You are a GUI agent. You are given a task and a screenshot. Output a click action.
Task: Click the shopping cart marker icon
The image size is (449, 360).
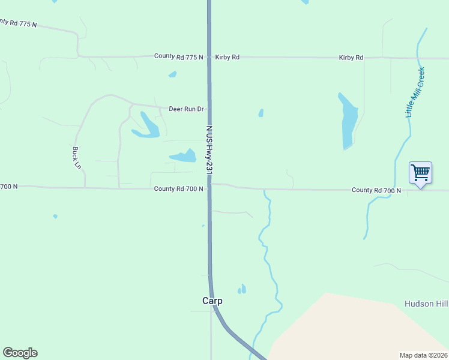(421, 173)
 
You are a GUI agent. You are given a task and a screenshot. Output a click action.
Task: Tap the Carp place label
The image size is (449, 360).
(212, 301)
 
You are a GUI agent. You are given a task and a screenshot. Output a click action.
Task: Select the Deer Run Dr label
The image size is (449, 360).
(186, 109)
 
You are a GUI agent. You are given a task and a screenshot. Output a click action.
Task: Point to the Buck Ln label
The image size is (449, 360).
(77, 157)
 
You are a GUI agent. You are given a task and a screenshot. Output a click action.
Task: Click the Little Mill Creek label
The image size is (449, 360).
(415, 92)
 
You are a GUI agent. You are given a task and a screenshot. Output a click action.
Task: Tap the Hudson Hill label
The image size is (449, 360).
(427, 304)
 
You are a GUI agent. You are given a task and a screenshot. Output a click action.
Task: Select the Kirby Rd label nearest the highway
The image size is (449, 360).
(228, 57)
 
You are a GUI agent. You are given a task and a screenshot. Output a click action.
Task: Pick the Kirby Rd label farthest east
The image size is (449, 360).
(351, 58)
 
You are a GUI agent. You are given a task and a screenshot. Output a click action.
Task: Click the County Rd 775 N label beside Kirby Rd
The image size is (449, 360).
(179, 56)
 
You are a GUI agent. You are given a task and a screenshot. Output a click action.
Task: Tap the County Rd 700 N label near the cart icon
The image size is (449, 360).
(376, 190)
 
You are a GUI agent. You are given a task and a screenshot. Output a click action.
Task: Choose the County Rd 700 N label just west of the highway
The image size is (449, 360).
(179, 188)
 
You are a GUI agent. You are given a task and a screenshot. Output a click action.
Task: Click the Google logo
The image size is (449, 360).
(20, 353)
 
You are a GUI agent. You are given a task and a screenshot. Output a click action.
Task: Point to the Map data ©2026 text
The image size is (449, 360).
(423, 355)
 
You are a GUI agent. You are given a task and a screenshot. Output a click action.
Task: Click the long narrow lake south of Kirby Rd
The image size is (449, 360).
(348, 121)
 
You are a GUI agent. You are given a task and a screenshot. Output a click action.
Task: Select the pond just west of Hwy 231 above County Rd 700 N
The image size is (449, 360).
(184, 157)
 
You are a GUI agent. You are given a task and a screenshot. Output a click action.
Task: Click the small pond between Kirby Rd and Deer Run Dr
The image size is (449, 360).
(173, 74)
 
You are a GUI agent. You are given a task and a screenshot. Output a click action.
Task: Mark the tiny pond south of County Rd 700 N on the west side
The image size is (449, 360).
(55, 216)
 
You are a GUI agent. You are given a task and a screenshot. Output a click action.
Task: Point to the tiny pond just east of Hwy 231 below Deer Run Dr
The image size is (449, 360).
(261, 113)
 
